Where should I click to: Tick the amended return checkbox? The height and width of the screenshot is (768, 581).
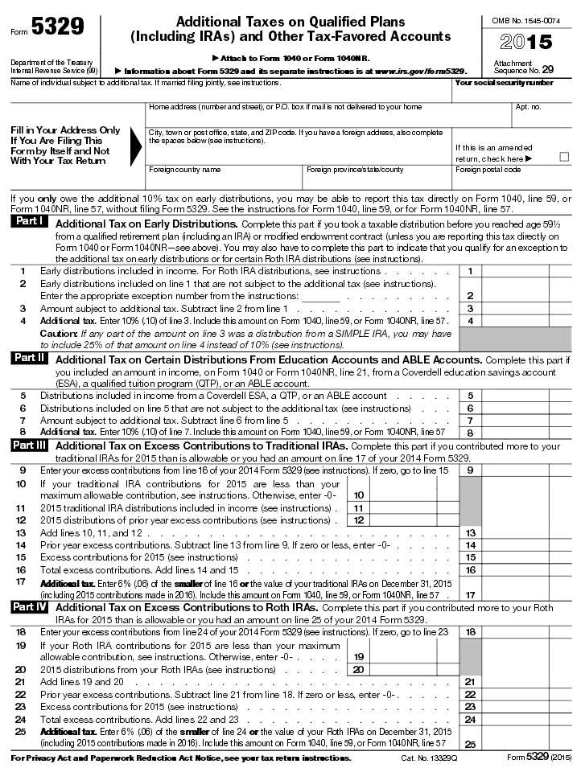click(563, 158)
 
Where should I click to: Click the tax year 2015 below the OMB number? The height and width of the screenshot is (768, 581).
click(526, 43)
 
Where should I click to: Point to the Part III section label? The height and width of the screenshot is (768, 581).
click(30, 446)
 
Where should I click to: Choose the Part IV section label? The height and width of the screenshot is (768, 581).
click(30, 607)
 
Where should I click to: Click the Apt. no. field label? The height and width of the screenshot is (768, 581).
click(528, 107)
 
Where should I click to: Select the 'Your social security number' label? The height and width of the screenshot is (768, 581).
click(504, 83)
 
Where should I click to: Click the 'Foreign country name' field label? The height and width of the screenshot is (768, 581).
click(184, 170)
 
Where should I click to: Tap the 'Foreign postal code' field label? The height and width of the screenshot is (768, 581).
click(488, 170)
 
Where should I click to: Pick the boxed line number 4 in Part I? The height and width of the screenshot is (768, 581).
click(469, 321)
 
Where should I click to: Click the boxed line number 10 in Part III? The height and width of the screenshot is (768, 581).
click(359, 495)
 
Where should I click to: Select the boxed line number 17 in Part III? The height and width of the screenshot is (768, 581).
click(469, 594)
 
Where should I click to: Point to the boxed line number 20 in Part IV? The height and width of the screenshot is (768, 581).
click(359, 669)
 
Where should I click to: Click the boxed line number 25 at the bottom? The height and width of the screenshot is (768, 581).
click(469, 745)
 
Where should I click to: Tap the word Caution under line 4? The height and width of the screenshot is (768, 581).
click(58, 333)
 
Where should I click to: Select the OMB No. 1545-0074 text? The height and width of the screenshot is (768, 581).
click(526, 19)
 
